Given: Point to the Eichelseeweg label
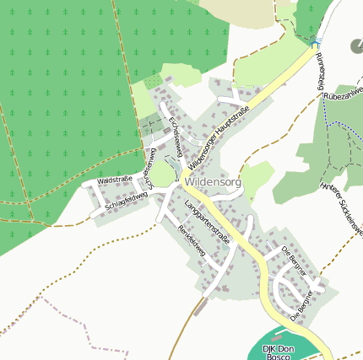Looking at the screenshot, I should pos(176,137).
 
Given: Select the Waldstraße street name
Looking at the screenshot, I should pos(113,180).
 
